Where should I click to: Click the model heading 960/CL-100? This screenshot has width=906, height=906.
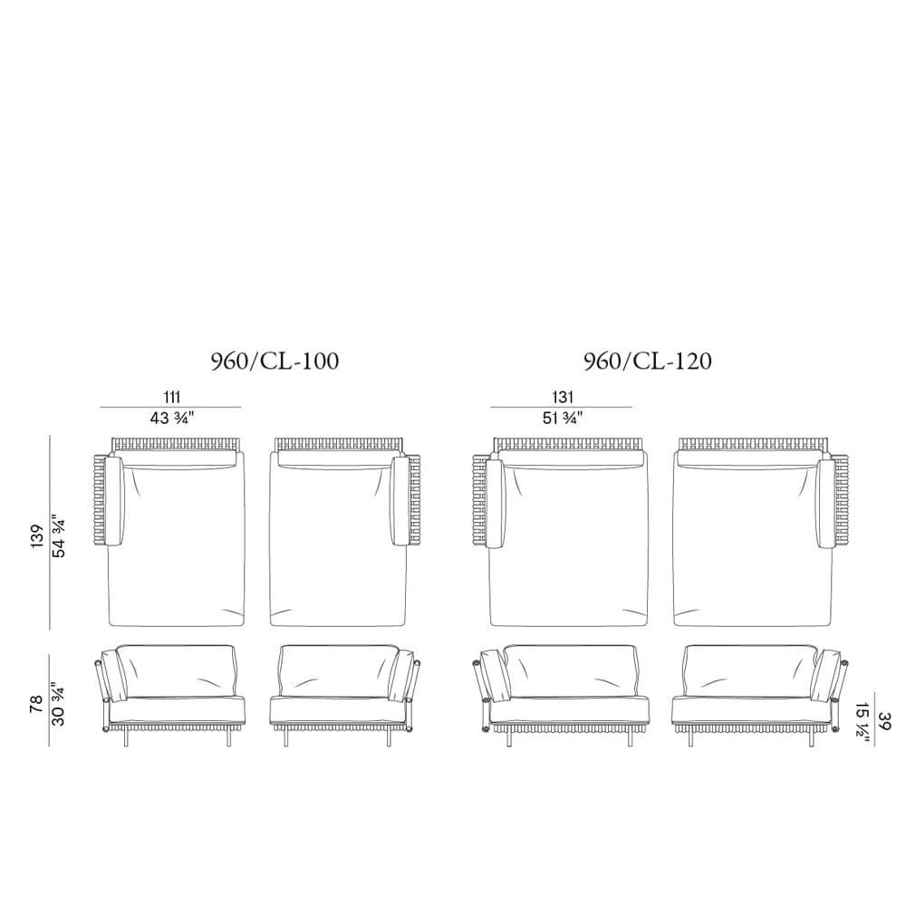click(x=275, y=361)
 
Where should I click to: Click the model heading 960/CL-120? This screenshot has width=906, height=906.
click(x=648, y=361)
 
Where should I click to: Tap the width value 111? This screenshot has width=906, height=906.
click(x=171, y=397)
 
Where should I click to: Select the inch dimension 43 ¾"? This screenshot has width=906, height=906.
click(x=171, y=418)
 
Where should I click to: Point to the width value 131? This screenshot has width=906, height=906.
click(x=563, y=397)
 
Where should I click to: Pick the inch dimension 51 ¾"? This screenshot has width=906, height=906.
click(x=563, y=418)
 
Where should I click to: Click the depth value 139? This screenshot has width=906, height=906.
click(x=37, y=536)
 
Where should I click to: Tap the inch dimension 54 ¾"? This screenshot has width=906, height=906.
click(x=59, y=536)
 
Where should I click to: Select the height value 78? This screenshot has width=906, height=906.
click(x=36, y=704)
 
